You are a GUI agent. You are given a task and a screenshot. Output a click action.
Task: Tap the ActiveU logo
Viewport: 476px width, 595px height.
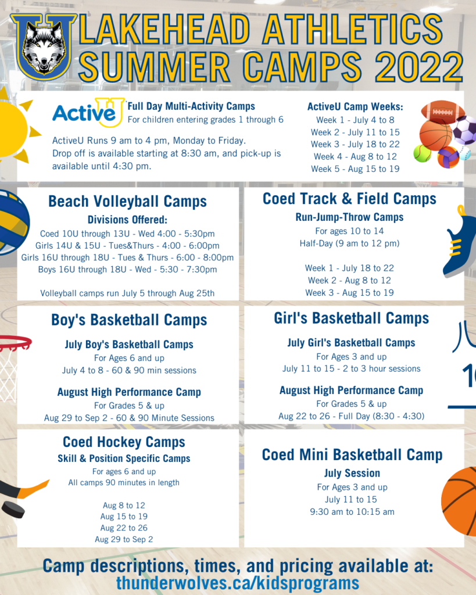tap(88, 112)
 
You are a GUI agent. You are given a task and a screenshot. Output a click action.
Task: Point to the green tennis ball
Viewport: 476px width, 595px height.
tap(422, 153)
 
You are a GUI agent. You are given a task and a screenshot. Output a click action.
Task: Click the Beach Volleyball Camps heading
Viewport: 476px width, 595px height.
tap(127, 201)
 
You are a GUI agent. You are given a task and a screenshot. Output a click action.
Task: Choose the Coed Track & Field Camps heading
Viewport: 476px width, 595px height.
tap(350, 199)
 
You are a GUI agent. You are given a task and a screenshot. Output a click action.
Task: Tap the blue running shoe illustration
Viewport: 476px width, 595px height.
tap(460, 243)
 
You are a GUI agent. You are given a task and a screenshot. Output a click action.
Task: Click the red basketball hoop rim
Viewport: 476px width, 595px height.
tap(15, 343)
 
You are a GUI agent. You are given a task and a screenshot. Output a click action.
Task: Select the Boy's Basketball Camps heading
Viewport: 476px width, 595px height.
tap(129, 320)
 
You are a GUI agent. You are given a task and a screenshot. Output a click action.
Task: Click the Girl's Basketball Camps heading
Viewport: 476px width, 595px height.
tap(352, 318)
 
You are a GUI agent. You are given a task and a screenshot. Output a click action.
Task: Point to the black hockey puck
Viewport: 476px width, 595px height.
tap(13, 510)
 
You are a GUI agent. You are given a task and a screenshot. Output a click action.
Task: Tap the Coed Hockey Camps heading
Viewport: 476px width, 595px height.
tap(124, 442)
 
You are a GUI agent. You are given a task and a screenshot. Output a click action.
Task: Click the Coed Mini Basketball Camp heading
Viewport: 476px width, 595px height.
tap(352, 454)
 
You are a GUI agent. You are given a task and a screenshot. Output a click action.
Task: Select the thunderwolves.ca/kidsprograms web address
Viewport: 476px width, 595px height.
tap(238, 582)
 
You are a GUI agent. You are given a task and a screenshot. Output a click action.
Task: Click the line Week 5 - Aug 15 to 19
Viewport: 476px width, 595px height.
tap(355, 169)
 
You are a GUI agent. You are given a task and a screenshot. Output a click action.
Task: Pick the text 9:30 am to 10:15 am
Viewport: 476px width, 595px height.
tap(352, 512)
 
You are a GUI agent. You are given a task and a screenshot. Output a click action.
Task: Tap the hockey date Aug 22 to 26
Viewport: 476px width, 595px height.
tap(124, 528)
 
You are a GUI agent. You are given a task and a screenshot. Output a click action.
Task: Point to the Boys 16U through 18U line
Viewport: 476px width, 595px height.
tap(127, 270)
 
